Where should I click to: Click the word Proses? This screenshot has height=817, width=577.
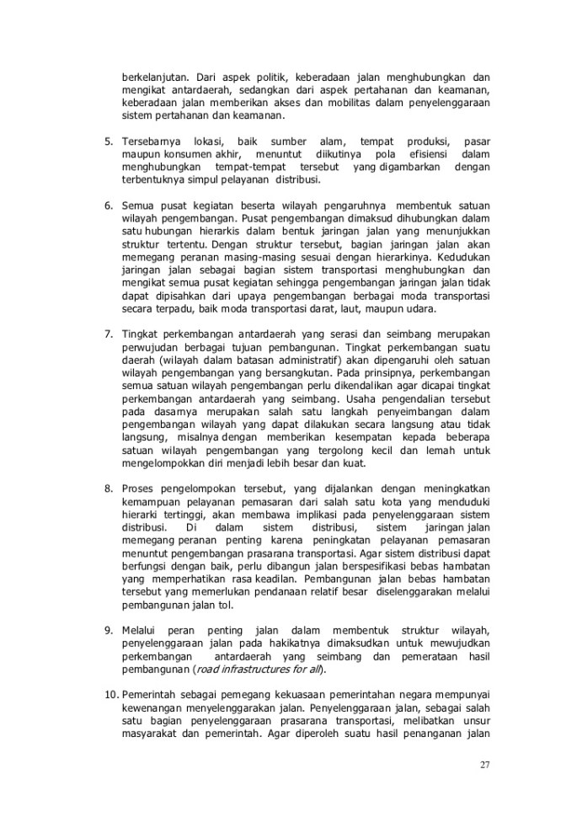click(135, 488)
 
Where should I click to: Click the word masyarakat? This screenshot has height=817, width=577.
click(150, 732)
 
